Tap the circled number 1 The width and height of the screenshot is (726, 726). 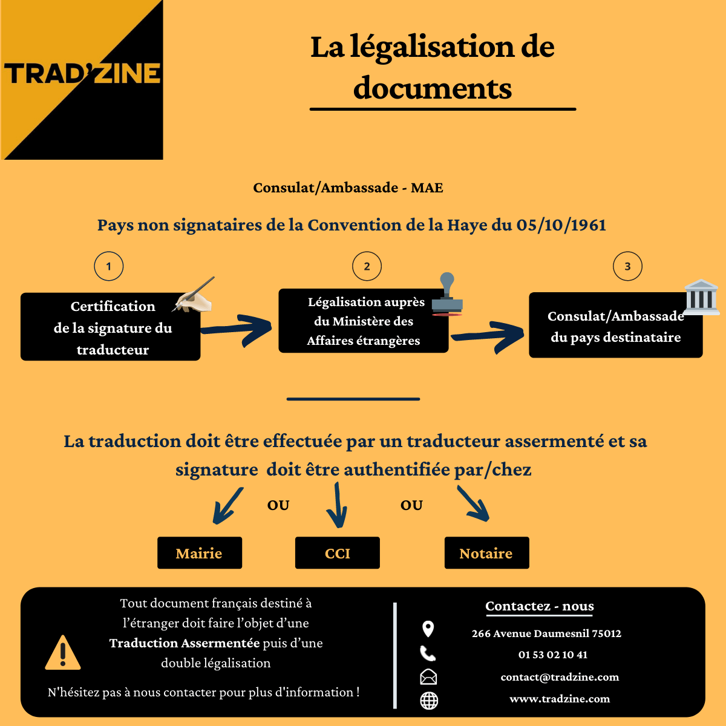coord(109,266)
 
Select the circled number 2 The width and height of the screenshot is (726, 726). coord(367,266)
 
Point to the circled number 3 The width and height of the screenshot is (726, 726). coord(627,266)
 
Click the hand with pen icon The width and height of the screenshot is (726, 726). coord(194,296)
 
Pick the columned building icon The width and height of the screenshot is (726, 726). coord(701,297)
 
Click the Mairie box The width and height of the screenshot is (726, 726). coord(200,553)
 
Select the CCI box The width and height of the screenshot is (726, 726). coord(338,553)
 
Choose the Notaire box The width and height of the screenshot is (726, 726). coord(486,553)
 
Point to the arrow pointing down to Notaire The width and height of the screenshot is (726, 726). coord(474,505)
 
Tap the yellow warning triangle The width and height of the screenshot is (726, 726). coord(63,653)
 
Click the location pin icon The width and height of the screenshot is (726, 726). coord(428,629)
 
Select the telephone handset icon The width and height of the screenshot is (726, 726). coord(428,653)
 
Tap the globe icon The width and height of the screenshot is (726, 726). coord(429,701)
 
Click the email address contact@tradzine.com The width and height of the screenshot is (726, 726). coord(560,677)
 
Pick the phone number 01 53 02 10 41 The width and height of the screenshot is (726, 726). coord(553,655)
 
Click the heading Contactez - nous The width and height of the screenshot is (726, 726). coord(540,606)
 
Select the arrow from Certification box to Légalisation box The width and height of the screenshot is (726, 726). coord(237,329)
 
